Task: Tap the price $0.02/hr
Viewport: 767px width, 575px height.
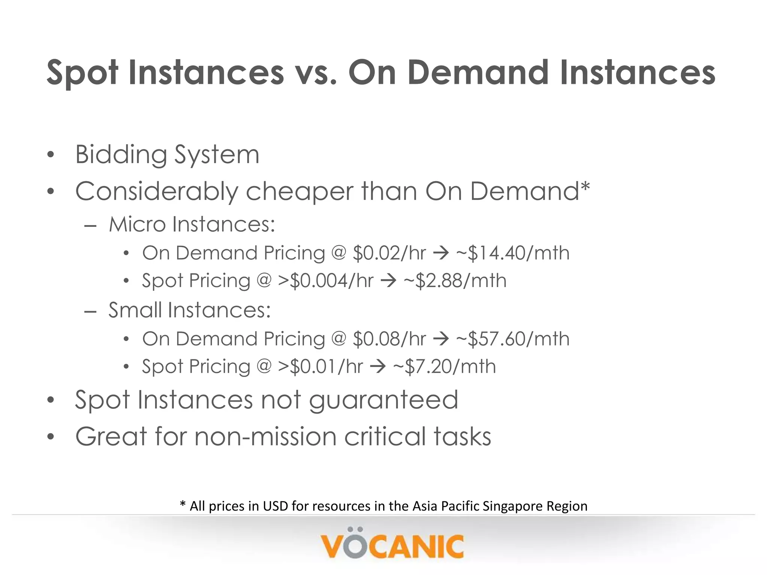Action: click(x=389, y=253)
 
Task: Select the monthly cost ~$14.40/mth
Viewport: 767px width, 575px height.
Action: click(x=513, y=253)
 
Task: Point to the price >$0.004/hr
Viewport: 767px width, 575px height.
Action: click(x=325, y=281)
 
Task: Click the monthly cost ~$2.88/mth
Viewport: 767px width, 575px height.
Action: click(x=455, y=281)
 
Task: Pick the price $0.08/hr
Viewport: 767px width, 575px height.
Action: click(x=389, y=339)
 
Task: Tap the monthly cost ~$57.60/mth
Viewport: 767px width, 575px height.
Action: click(x=513, y=339)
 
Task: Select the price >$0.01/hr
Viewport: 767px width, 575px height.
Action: click(x=320, y=366)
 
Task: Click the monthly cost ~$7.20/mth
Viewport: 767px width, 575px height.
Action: click(x=445, y=366)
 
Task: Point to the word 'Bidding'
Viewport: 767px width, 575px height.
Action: click(x=121, y=155)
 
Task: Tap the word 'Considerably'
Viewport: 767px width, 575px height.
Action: click(x=157, y=192)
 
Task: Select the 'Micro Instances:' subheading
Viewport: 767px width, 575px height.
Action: click(x=192, y=225)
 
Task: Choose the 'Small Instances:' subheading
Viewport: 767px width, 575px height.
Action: click(x=190, y=310)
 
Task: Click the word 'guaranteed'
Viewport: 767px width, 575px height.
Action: click(x=383, y=400)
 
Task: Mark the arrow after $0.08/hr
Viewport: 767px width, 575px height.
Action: click(x=441, y=339)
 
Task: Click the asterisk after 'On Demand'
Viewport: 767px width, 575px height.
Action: click(x=585, y=186)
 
